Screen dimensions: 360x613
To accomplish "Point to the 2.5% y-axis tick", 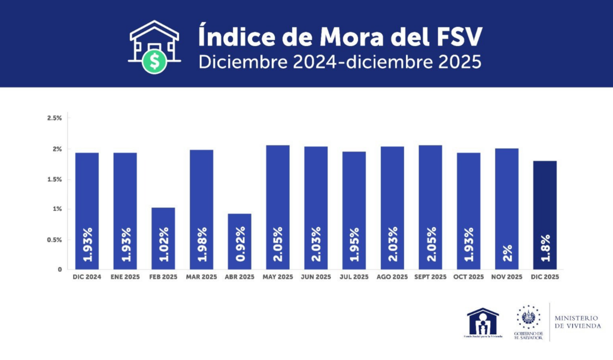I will (54, 118).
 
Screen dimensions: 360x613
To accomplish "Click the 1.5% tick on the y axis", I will (54, 179).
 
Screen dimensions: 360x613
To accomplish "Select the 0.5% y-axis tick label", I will (54, 240).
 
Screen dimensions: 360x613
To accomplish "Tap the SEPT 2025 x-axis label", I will (430, 277).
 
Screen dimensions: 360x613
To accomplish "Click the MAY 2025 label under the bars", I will (277, 277).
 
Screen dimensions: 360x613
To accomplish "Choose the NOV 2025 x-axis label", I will (506, 277).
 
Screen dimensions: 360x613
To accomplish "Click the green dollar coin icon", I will (155, 60).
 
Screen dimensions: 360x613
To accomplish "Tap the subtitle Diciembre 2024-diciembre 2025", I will (339, 62).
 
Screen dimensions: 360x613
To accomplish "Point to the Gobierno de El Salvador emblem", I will (528, 317).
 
